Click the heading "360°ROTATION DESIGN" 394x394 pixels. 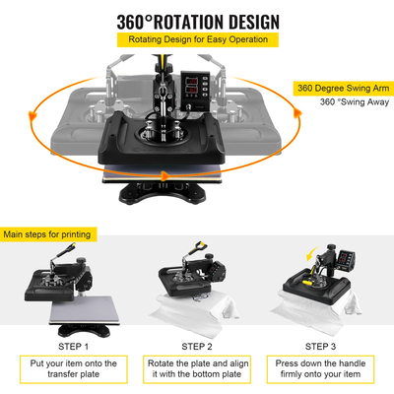pyautogui.click(x=197, y=21)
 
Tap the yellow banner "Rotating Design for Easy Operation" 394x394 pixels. pyautogui.click(x=197, y=40)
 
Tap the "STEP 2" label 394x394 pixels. pyautogui.click(x=196, y=346)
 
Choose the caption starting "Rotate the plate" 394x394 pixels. pyautogui.click(x=196, y=368)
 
